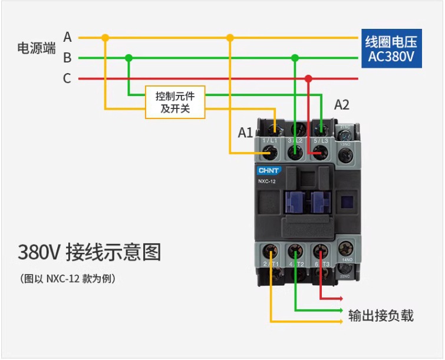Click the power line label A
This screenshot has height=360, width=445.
click(68, 37)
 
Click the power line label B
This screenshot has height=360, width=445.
click(68, 58)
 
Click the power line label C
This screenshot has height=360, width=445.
click(68, 78)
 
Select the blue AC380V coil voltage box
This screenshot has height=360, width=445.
click(391, 49)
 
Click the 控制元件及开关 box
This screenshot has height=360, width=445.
click(175, 102)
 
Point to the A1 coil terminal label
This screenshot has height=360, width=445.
click(245, 133)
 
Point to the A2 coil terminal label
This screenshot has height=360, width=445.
click(342, 105)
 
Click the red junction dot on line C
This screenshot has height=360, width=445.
click(308, 78)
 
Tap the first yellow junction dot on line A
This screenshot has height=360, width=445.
click(106, 38)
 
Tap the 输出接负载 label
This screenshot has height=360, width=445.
click(381, 315)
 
